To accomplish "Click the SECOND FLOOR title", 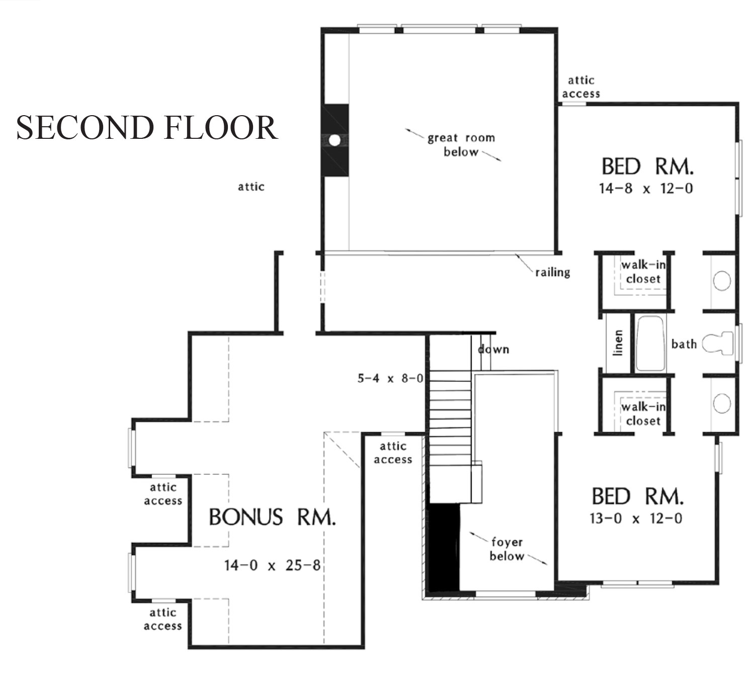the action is [147, 127].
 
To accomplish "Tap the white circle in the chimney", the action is [334, 140].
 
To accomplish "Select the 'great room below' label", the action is [461, 145].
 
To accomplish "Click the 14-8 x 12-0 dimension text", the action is [646, 189].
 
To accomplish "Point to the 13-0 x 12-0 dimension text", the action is [636, 519].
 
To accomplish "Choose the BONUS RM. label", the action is [273, 517].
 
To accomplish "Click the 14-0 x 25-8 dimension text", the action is [272, 565].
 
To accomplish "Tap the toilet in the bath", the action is [718, 344].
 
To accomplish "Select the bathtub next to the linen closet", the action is [650, 344].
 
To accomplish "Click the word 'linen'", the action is [617, 343].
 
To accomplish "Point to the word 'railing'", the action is [553, 273].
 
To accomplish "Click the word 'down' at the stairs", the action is [493, 349].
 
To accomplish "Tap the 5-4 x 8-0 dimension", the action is [390, 378].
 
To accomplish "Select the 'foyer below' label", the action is [507, 549].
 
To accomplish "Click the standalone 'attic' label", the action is [251, 187].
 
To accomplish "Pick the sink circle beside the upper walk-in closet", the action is [722, 281].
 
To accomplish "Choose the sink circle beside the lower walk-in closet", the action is [722, 403].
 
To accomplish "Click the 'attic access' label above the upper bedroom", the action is [581, 87].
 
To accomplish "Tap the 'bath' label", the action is [684, 344].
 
